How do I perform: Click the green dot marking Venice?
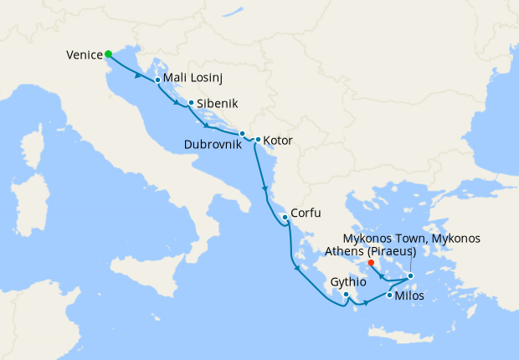108,54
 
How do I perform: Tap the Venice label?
84,56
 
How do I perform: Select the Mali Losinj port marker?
157,80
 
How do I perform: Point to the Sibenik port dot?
192,103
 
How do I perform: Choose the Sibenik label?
218,105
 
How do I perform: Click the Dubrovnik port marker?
242,134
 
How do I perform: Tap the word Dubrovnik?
213,143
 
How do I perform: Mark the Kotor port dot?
258,139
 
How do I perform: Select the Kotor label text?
278,141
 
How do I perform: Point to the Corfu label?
306,213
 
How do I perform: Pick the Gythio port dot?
346,295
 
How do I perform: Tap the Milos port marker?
390,295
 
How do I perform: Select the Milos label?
409,296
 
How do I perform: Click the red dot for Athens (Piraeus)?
371,262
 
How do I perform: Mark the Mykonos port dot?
410,275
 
